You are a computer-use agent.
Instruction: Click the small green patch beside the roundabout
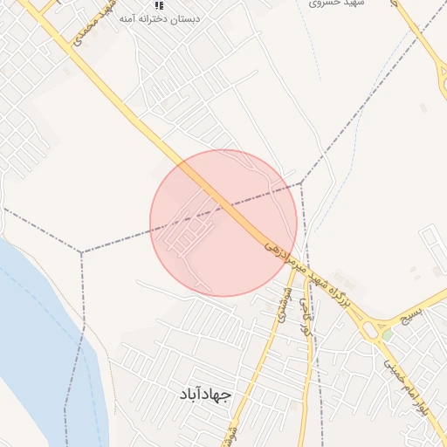click(x=386, y=334)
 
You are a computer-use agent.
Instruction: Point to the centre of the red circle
click(x=223, y=223)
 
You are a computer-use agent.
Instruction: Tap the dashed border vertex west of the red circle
click(x=81, y=252)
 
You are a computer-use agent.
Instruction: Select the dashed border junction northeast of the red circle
click(x=300, y=182)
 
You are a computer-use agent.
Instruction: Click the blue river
click(x=44, y=349)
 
